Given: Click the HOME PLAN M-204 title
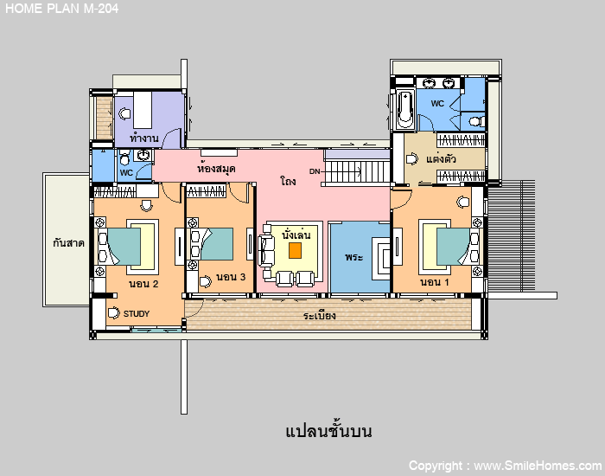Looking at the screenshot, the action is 61,8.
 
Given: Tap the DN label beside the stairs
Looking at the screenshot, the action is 315,171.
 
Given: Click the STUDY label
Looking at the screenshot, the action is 137,313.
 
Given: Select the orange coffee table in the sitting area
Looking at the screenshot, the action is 296,250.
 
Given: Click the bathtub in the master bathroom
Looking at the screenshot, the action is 405,109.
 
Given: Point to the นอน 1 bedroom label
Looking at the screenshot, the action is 435,282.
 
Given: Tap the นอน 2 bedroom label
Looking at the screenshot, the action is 143,284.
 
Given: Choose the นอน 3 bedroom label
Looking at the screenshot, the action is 231,277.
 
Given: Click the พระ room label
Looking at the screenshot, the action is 353,257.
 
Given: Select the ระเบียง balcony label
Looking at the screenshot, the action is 319,316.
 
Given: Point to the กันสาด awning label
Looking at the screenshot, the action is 68,243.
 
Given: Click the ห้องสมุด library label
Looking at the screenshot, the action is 216,169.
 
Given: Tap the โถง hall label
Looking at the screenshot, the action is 288,180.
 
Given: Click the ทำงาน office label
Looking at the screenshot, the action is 144,138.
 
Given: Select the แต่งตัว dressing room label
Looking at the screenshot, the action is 441,158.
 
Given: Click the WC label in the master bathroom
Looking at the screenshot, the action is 437,104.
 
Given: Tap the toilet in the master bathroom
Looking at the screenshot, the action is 477,122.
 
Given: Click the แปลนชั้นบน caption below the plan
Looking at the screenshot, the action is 328,430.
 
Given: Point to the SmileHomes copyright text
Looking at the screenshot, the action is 506,466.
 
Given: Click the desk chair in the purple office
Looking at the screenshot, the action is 124,113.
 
